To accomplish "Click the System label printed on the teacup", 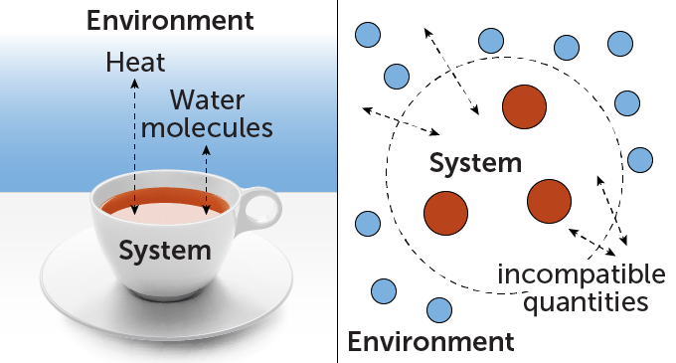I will point(165,250).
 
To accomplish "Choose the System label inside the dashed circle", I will point(474,162).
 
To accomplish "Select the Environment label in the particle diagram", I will point(430,343).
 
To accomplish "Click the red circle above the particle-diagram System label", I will point(523,106).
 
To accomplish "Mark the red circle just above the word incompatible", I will point(549,201).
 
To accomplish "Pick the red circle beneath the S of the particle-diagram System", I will point(445,211).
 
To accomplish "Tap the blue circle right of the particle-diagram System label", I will point(639,159).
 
